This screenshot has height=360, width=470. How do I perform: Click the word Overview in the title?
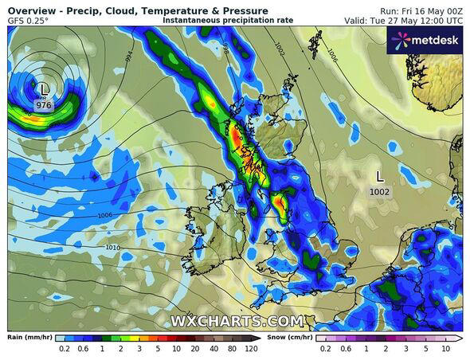pos(31,10)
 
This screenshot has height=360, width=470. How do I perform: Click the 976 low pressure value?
pos(45,104)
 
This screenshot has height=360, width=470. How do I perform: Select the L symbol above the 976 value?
pos(44,89)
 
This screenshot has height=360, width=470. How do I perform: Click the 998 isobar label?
pos(225,49)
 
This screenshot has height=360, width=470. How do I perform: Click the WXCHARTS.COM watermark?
pos(237,322)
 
